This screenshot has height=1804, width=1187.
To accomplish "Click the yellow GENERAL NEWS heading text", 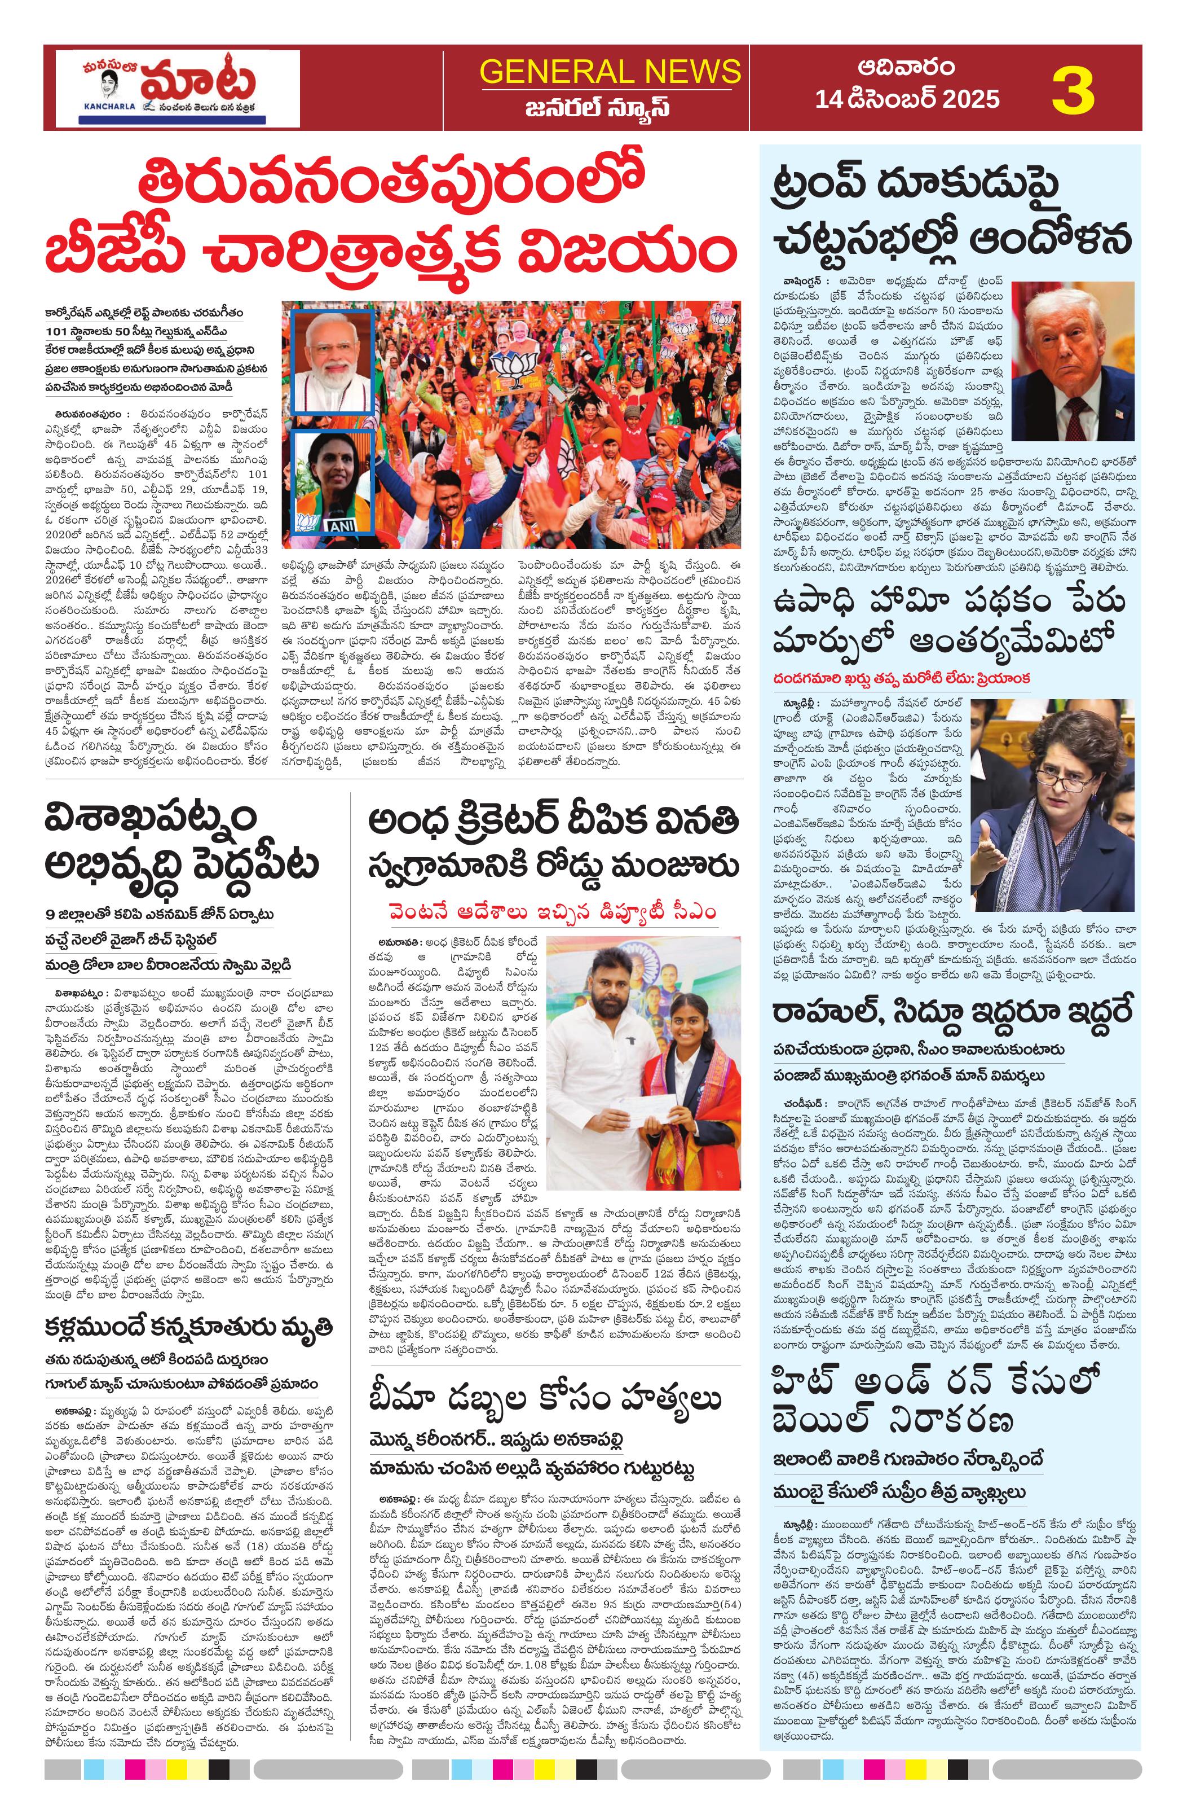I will click(x=610, y=72).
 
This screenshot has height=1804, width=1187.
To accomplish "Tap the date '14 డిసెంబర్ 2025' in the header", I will click(x=907, y=99).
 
